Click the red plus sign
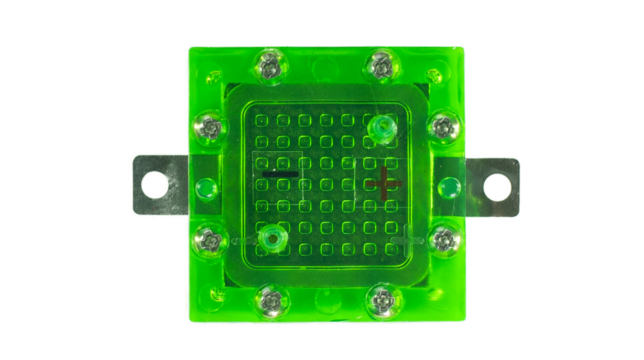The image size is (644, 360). point(384,183)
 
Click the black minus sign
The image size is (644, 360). point(280,174)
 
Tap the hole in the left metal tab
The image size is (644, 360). point(154,185)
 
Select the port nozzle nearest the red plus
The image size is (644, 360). point(381,129)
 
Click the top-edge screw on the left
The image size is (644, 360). point(271,68)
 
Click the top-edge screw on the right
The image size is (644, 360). point(381,66)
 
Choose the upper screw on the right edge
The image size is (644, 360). point(442,127)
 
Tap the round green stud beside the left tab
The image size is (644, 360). point(206,189)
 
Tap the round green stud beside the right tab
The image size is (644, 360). point(449,189)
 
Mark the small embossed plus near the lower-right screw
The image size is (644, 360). point(408,237)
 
